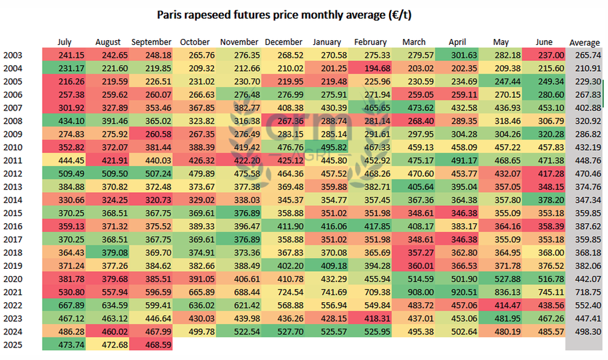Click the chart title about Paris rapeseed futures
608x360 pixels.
[x=284, y=15]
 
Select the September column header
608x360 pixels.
[x=151, y=42]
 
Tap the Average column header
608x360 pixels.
[x=584, y=43]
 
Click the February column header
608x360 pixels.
[x=370, y=42]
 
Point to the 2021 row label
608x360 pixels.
[x=13, y=292]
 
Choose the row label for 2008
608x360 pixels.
[x=13, y=121]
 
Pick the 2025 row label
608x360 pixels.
[x=13, y=345]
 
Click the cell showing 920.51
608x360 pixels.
[x=457, y=292]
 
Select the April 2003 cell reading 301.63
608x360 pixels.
[x=457, y=55]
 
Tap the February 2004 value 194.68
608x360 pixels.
[x=370, y=68]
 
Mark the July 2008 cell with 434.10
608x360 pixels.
[x=64, y=121]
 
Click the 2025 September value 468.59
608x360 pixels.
[x=151, y=345]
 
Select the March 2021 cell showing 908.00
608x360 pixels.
[x=413, y=292]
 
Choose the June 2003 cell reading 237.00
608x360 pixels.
[x=544, y=55]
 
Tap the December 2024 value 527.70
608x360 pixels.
[x=283, y=331]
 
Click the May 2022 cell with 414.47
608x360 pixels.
[x=500, y=305]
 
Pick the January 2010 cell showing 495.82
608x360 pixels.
[x=326, y=147]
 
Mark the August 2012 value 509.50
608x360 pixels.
[x=108, y=174]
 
